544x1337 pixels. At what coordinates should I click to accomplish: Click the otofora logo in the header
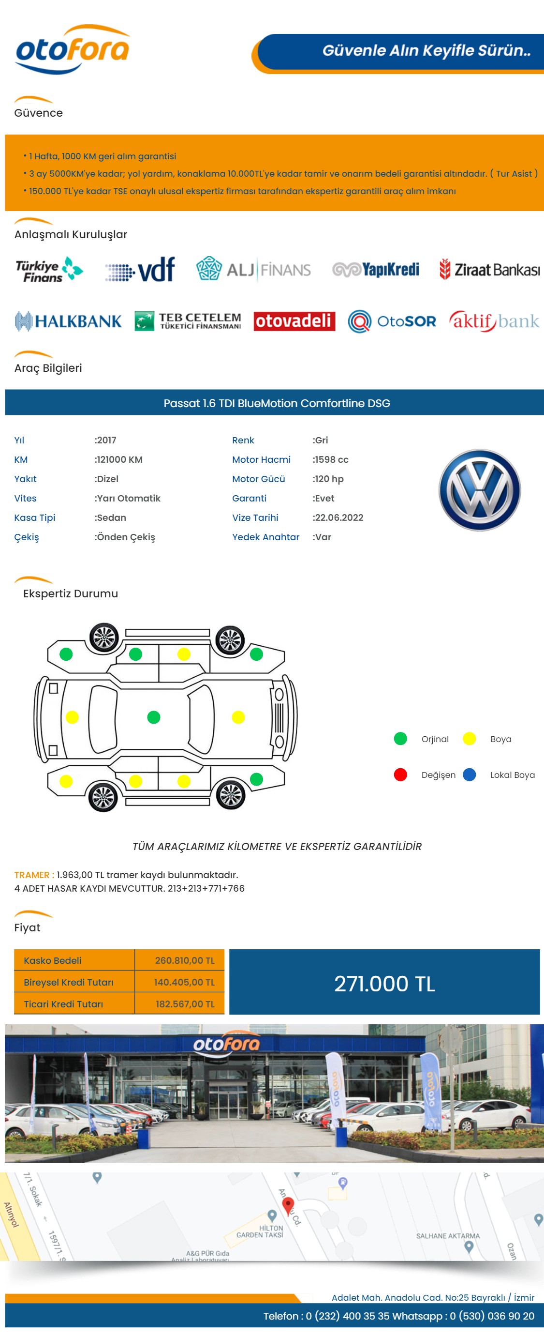tap(73, 50)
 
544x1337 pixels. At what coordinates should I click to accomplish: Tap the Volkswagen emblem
tap(480, 490)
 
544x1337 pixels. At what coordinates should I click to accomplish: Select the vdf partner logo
tap(140, 269)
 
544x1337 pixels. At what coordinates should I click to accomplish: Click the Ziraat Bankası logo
tap(489, 269)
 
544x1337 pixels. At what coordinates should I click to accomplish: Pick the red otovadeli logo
tap(294, 321)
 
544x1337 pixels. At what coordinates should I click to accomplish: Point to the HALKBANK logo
tap(68, 321)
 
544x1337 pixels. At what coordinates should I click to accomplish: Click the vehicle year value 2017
tap(106, 440)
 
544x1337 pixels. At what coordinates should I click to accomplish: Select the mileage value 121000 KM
tap(119, 459)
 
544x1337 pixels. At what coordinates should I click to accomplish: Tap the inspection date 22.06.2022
tap(339, 517)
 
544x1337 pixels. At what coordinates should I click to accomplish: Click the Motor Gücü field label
tap(258, 479)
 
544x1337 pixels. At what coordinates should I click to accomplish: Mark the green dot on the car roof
tap(153, 717)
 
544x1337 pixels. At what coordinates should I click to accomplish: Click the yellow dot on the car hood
tap(238, 717)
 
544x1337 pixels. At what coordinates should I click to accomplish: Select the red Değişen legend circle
tap(400, 775)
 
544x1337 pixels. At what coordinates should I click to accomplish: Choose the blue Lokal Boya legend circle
tap(470, 775)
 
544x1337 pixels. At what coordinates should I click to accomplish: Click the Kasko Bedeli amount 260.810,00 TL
tap(185, 960)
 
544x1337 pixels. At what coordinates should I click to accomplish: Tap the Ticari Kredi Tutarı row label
tap(63, 1004)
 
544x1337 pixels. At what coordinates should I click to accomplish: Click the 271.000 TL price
tap(384, 983)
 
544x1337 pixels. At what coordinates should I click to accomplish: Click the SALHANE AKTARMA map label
tap(448, 1236)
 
